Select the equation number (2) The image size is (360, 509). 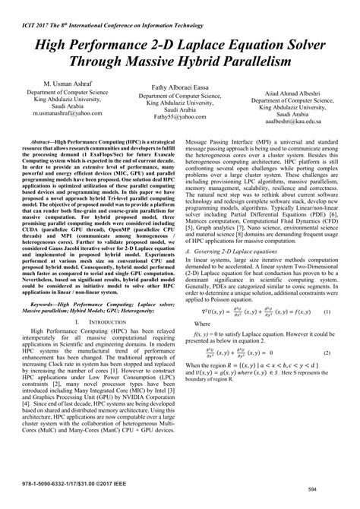click(327, 353)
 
